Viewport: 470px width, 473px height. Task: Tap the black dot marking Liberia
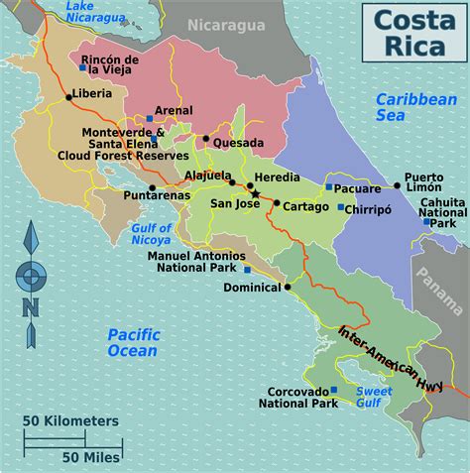(x=68, y=96)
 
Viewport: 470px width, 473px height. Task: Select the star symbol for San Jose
(x=256, y=193)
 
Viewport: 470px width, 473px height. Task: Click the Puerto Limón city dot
(x=397, y=184)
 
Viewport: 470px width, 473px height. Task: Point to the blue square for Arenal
(x=149, y=119)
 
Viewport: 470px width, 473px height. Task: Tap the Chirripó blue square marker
(x=340, y=208)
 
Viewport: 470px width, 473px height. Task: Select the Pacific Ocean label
(x=133, y=342)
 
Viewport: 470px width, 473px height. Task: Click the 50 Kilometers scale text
(x=71, y=420)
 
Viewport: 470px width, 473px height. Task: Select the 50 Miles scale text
(x=91, y=457)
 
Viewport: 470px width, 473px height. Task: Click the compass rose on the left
(x=32, y=275)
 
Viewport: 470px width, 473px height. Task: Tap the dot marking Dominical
(x=288, y=287)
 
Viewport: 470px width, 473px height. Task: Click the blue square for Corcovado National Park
(x=333, y=390)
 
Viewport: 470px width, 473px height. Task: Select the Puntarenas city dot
(x=152, y=187)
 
